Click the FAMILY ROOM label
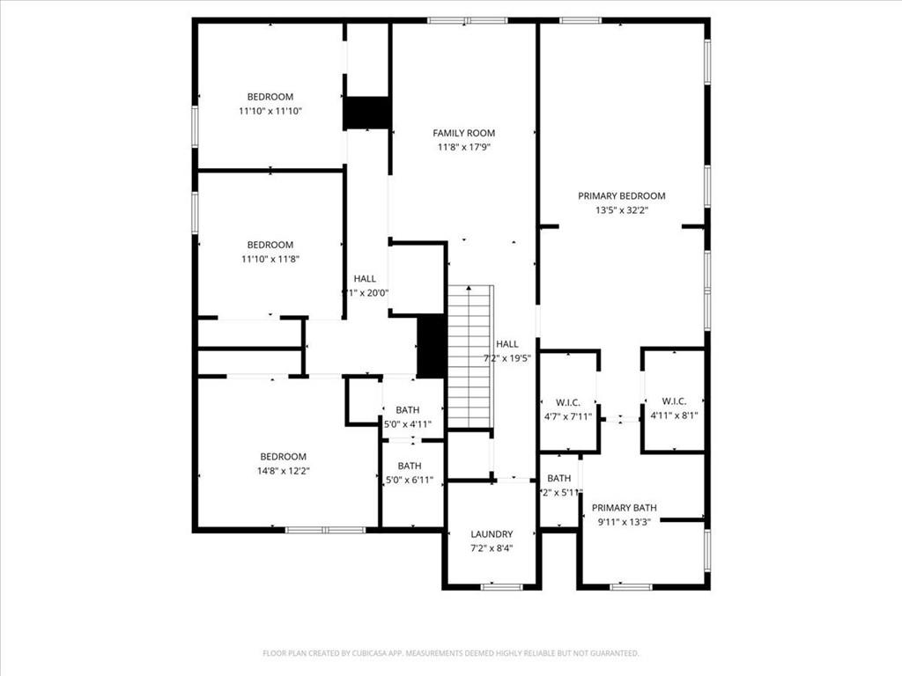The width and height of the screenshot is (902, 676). [463, 133]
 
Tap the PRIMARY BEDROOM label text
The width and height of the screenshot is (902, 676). [621, 195]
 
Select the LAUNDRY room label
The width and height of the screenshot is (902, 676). [491, 534]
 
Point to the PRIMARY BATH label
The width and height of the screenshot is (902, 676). [624, 508]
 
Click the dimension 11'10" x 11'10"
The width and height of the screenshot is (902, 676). [271, 111]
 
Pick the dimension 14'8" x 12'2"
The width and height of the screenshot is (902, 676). [283, 471]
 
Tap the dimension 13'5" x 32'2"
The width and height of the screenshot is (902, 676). [621, 210]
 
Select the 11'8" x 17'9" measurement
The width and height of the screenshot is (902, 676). [463, 147]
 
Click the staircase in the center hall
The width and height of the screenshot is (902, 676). [469, 356]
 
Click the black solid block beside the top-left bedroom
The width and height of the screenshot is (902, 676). [366, 113]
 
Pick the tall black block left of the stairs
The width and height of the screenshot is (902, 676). [430, 346]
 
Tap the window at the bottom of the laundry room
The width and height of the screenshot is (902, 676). [501, 586]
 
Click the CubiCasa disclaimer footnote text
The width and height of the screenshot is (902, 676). [450, 653]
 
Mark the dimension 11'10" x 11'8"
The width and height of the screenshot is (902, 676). [270, 259]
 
